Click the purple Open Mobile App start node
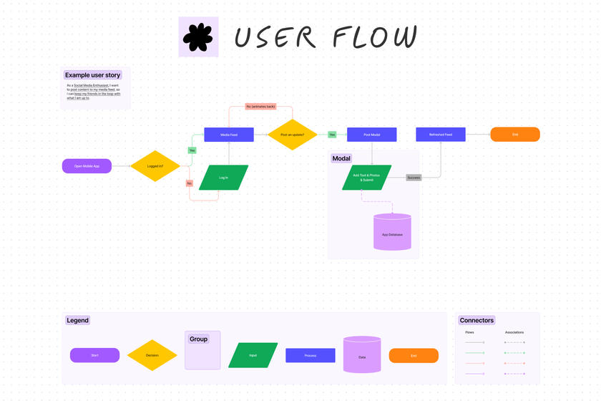pos(87,166)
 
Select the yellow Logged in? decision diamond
pos(155,166)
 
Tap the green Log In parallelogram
pos(223,178)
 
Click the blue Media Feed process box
pos(229,135)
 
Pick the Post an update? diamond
pos(293,135)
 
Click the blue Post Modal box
pos(371,135)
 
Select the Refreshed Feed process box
pos(441,135)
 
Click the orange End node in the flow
pos(514,135)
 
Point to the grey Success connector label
pos(414,178)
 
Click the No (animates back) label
pos(260,107)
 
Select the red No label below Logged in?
pos(190,183)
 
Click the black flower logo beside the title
pos(198,38)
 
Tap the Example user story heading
pos(92,75)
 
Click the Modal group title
pos(341,158)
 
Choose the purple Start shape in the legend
pos(94,355)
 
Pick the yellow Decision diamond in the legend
pos(152,355)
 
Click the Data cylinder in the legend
pos(362,355)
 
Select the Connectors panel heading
pos(477,320)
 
